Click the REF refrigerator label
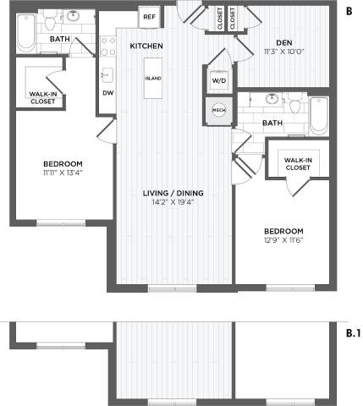[149, 16]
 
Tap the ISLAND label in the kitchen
[153, 78]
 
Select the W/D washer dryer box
[218, 80]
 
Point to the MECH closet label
[218, 110]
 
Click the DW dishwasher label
[108, 93]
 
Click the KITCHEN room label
[146, 45]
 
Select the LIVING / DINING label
[176, 193]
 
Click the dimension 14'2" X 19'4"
[176, 203]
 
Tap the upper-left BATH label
[59, 39]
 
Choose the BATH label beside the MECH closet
[272, 123]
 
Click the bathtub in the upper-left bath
[26, 33]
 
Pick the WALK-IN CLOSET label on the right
[297, 163]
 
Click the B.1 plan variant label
[353, 332]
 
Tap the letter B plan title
[349, 11]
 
